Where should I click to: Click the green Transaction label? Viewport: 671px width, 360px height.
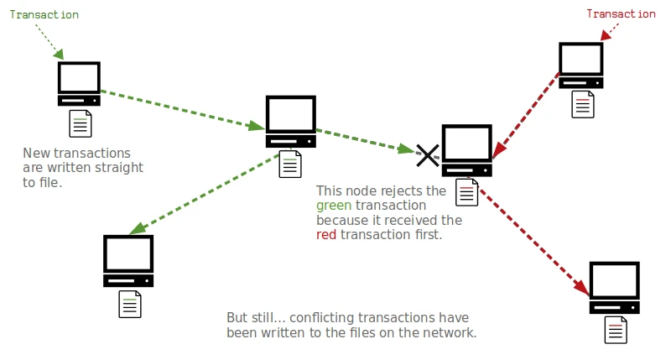[44, 14]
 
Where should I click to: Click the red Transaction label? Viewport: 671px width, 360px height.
[621, 13]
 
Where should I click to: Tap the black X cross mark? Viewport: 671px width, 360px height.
[428, 154]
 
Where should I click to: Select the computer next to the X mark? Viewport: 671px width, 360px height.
[467, 150]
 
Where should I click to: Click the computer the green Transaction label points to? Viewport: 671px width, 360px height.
[79, 83]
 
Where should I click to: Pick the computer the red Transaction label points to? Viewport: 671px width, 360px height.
[581, 65]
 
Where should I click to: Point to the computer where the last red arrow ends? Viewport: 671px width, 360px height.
[615, 288]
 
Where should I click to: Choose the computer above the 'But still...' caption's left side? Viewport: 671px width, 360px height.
[128, 261]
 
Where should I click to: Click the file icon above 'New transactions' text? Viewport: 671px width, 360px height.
[80, 123]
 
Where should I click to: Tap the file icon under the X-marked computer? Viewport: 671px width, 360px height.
[467, 192]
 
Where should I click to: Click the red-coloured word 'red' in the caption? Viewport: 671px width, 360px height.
[326, 235]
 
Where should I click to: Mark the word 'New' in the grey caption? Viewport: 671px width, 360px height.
[37, 153]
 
